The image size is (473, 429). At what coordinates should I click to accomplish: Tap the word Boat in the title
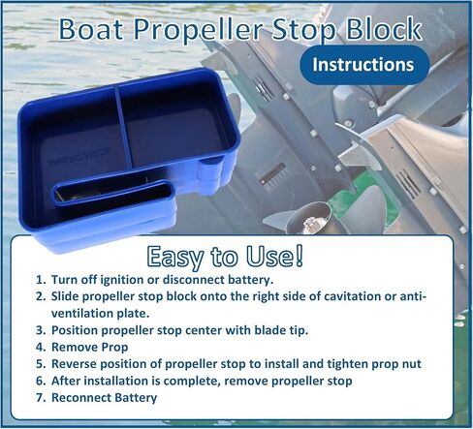point(91,29)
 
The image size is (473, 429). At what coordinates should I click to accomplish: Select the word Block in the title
point(384,29)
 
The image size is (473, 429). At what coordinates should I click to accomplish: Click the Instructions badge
point(363,65)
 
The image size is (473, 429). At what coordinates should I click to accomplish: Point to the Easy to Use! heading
point(226,257)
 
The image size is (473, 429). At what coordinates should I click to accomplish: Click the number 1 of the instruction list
point(41,280)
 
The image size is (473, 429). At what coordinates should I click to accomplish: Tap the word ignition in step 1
point(122,280)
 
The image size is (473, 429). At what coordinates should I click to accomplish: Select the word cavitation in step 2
point(352,296)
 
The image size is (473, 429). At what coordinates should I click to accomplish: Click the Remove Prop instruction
point(89,347)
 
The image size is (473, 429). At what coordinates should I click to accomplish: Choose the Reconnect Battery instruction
point(104,398)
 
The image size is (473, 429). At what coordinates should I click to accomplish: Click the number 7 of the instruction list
point(41,398)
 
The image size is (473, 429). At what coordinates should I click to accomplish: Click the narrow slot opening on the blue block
point(113,194)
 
